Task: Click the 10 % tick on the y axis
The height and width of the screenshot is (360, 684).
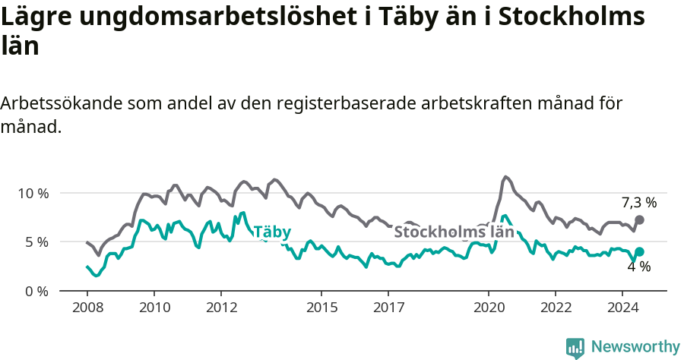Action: tap(33, 193)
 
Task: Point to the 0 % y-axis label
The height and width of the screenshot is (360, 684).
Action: tap(36, 291)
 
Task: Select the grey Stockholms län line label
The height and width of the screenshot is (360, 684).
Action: tap(454, 232)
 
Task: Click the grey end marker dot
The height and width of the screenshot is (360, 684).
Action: tap(639, 219)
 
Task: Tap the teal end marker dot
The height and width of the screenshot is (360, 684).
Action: tap(639, 251)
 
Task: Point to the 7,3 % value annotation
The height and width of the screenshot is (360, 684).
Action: tap(639, 202)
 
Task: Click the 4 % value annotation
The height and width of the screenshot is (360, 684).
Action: tap(639, 267)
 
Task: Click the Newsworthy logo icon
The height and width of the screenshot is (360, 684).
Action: tap(575, 347)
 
